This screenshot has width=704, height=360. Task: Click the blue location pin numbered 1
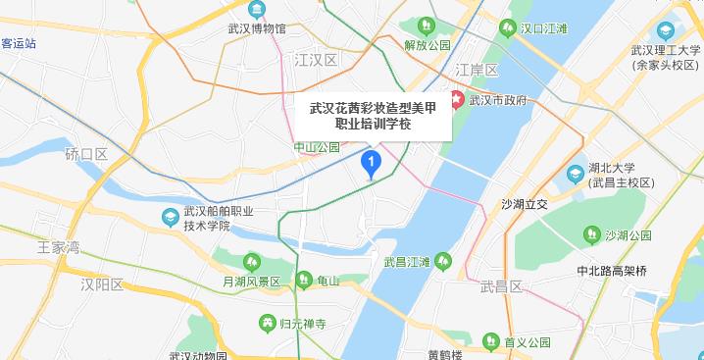[x=371, y=163]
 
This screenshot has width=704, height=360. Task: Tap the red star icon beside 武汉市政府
[x=457, y=99]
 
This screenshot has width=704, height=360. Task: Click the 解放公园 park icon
[x=427, y=26]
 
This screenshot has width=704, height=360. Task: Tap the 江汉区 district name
[x=316, y=61]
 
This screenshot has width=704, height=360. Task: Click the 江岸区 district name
[x=478, y=71]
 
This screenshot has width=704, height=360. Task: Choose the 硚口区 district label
[x=85, y=154]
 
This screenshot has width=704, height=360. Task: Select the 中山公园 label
[x=317, y=147]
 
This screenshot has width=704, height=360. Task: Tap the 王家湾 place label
[x=58, y=247]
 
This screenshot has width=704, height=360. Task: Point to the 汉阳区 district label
[x=102, y=284]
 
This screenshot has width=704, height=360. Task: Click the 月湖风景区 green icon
[x=250, y=261]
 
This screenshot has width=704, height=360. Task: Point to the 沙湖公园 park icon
[x=591, y=234]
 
